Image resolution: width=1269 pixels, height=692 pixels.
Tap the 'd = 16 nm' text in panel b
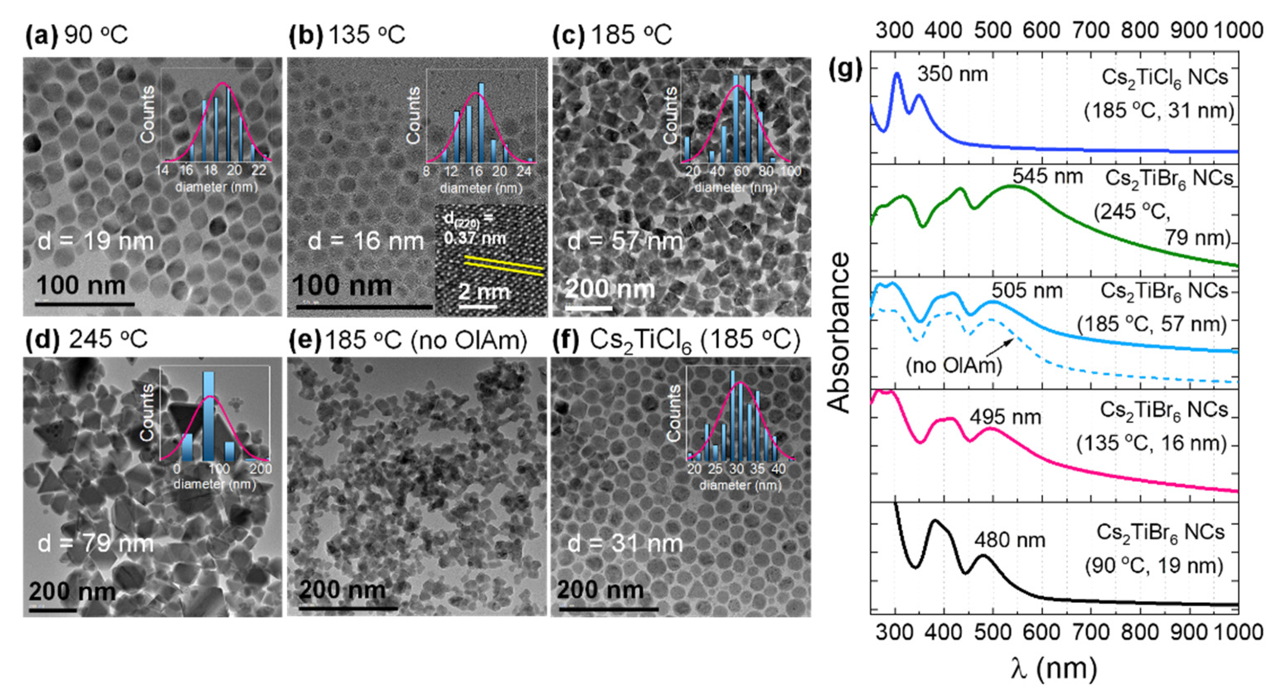pos(366,241)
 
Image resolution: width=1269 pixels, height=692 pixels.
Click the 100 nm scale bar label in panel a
pos(81,286)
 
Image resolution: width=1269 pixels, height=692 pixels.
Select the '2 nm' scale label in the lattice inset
pos(484,292)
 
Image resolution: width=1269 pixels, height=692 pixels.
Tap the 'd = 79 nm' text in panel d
pos(96,544)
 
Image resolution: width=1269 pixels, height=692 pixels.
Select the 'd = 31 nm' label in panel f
pos(625,544)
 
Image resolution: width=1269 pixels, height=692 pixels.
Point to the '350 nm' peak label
pos(952,74)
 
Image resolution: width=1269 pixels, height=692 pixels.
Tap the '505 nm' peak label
pos(1027,290)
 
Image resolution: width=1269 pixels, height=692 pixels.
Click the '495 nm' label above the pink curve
pos(1005,417)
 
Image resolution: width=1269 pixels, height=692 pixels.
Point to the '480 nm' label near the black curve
pos(1010,540)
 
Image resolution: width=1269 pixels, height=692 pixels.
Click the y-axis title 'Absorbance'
pos(839,332)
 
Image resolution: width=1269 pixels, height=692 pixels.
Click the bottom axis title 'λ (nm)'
pos(1054,668)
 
